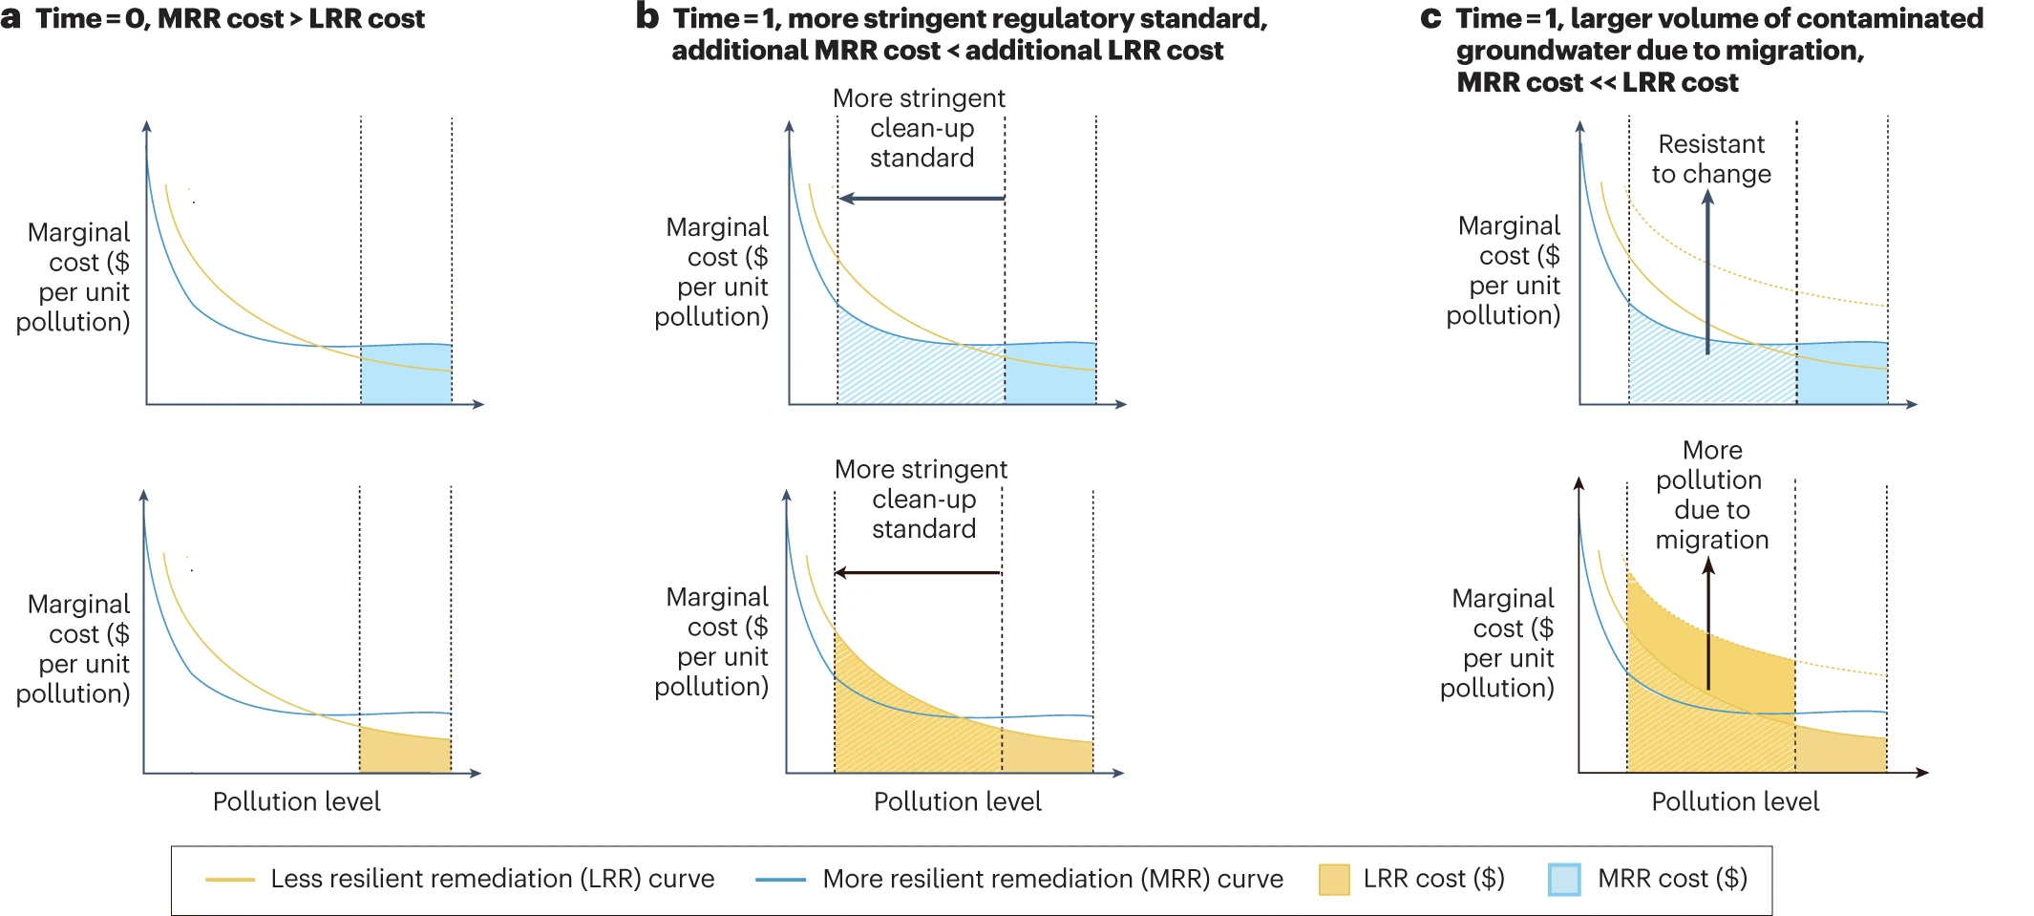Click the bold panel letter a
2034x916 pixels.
(x=11, y=18)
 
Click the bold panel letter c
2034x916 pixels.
(x=1430, y=18)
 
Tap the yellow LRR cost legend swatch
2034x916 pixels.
(x=1333, y=879)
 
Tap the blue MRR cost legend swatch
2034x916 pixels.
(x=1564, y=879)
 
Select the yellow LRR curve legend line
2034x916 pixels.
(x=230, y=879)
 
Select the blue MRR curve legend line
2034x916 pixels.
(x=780, y=879)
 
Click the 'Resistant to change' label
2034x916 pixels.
(x=1711, y=159)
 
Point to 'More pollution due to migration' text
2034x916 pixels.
(x=1711, y=495)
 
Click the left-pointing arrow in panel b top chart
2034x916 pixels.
(x=921, y=199)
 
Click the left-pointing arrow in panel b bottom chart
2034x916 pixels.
(x=918, y=573)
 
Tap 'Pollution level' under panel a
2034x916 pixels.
(x=296, y=801)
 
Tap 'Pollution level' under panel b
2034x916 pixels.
(x=957, y=801)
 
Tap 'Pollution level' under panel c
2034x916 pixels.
(x=1735, y=801)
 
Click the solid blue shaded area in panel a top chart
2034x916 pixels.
(x=406, y=377)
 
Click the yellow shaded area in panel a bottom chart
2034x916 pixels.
(x=405, y=752)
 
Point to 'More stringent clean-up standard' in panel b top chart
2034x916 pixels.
(x=921, y=128)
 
